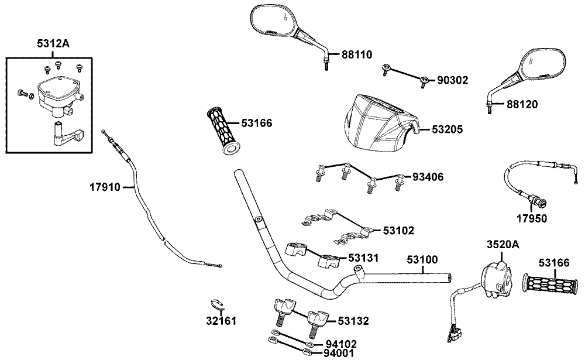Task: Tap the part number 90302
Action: [453, 80]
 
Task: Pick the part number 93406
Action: [428, 176]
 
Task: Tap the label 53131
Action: [364, 258]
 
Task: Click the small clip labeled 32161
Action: [218, 305]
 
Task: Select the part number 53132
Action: [353, 321]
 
